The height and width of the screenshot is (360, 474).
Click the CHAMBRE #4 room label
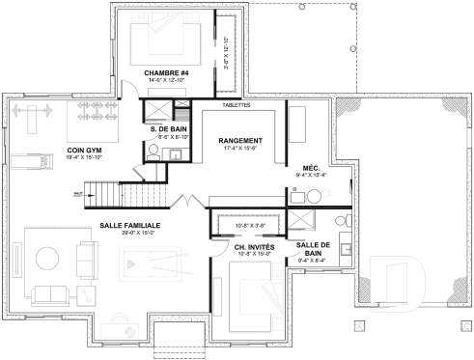coord(165,72)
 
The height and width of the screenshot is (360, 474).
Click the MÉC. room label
coord(312,167)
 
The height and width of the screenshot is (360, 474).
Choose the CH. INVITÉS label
coord(254,248)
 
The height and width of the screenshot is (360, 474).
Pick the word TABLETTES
coord(237,104)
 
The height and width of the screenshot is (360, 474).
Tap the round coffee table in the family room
coord(46,259)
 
